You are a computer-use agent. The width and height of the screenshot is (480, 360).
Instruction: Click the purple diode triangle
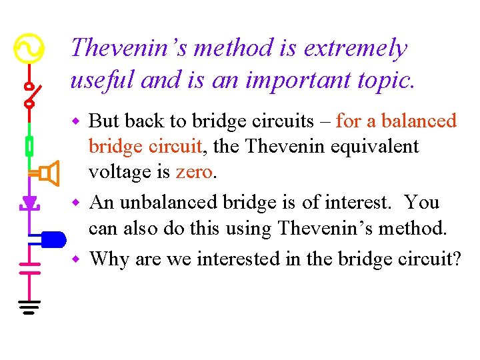click(x=30, y=201)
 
